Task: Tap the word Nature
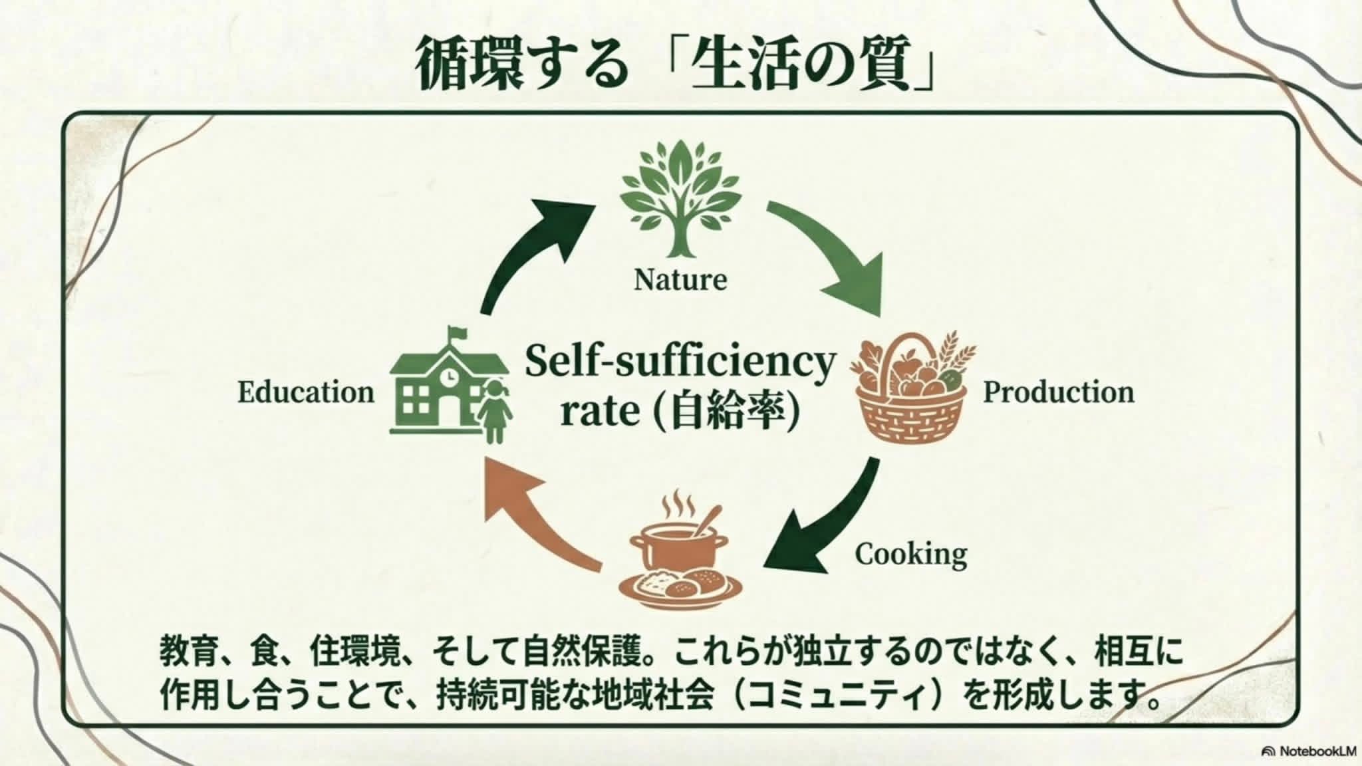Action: pos(680,279)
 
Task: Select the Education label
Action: pos(306,392)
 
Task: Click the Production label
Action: pos(1059,392)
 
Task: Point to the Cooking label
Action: pos(910,554)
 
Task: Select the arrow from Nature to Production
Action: pos(831,253)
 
